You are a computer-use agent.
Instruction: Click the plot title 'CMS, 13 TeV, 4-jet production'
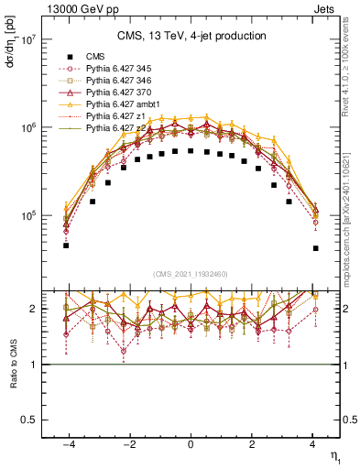[191, 36]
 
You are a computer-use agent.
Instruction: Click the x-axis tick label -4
[66, 444]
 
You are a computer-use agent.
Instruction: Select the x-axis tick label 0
[191, 444]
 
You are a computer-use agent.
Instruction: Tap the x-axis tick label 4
[313, 444]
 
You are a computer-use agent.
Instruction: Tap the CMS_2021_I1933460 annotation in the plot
[191, 274]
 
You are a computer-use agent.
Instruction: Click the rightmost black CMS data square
[315, 248]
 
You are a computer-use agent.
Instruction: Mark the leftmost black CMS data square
[66, 245]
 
